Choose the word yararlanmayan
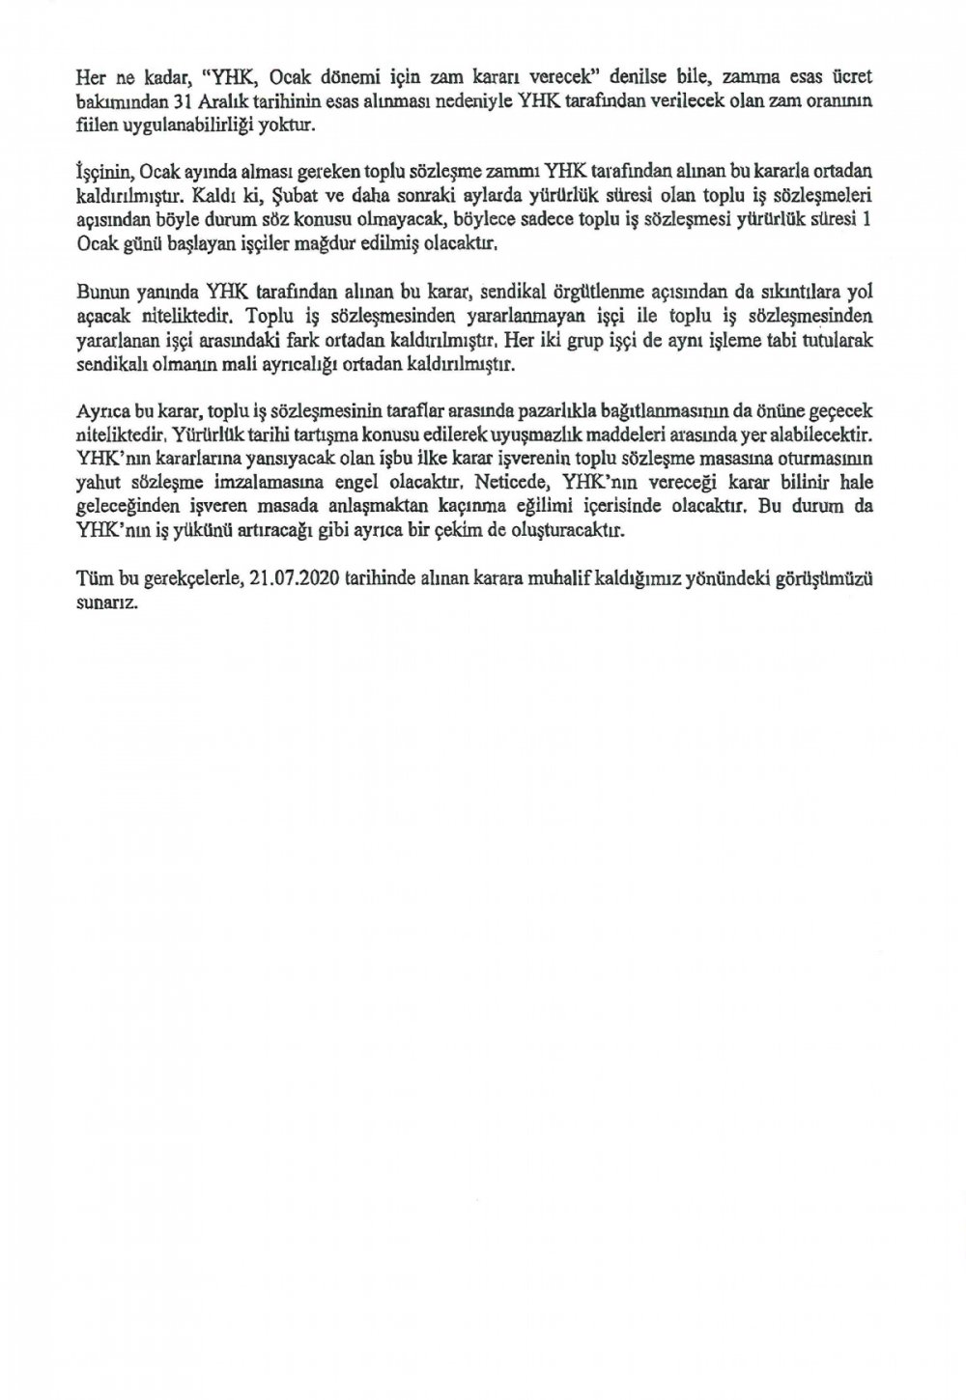point(424,315)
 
